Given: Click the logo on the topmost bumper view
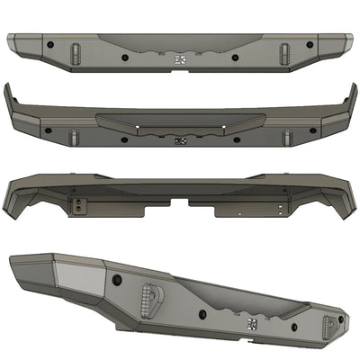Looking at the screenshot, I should click(178, 59).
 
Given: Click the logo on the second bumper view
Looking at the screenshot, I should click(181, 140).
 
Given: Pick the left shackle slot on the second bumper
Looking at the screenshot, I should click(73, 137).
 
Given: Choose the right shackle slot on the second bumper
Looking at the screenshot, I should click(286, 136).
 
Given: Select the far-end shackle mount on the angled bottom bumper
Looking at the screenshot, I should click(329, 324).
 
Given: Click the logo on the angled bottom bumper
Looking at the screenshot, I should click(251, 320).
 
